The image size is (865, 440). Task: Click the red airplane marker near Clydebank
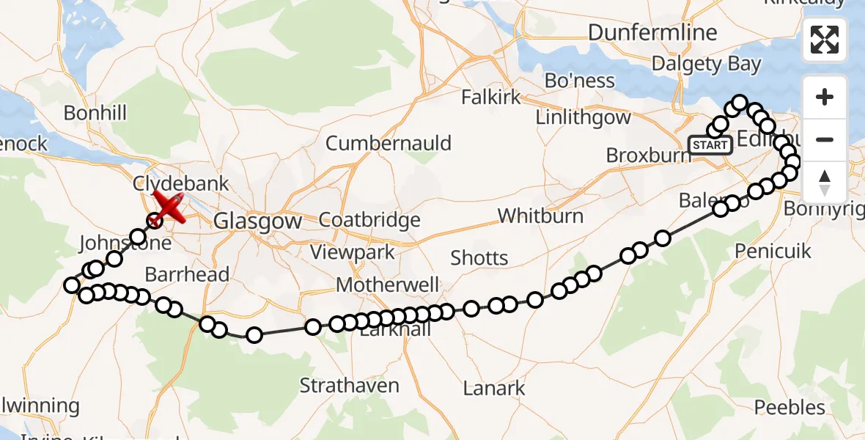[x=170, y=206]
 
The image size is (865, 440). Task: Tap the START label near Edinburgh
[x=710, y=145]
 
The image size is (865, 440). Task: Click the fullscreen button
[x=824, y=40]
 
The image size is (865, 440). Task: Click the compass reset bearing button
[x=824, y=182]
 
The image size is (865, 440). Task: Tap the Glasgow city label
[x=257, y=221]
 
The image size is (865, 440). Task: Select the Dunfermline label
[x=652, y=33]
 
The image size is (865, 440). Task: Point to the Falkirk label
[x=491, y=97]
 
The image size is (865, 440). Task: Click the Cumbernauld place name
[x=389, y=143]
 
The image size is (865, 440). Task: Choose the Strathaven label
[x=350, y=386]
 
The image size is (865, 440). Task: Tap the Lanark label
[x=494, y=388]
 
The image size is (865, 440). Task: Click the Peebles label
[x=789, y=407]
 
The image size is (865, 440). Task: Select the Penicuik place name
[x=773, y=252]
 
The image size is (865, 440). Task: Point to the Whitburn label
[x=540, y=216]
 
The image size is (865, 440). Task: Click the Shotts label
[x=479, y=257]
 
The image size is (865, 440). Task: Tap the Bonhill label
[x=95, y=113]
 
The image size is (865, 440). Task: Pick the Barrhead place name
[x=187, y=274]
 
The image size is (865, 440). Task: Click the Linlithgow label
[x=583, y=117]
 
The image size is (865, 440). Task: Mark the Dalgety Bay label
[x=707, y=65]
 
